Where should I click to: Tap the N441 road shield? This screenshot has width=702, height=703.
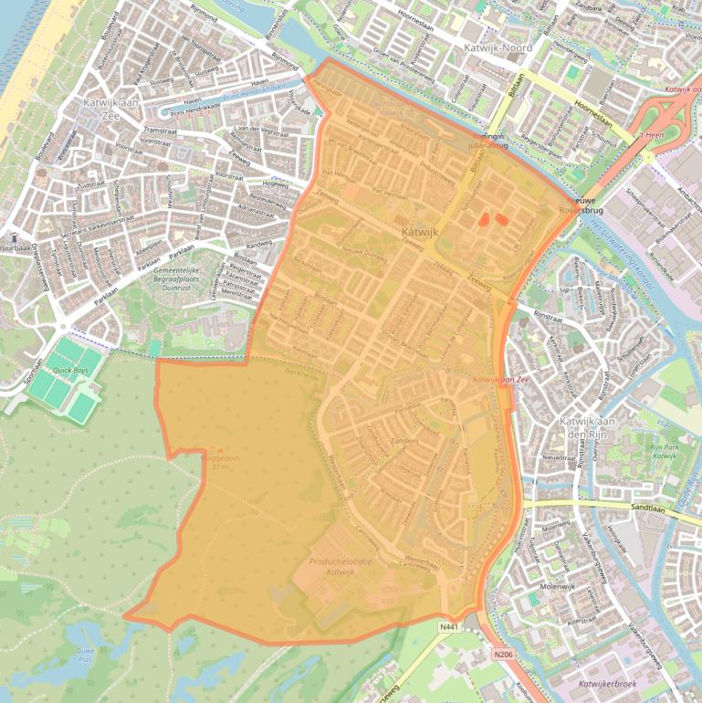[448, 626]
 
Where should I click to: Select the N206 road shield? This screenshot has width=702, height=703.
[502, 653]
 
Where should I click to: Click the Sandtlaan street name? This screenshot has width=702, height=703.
[651, 508]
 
